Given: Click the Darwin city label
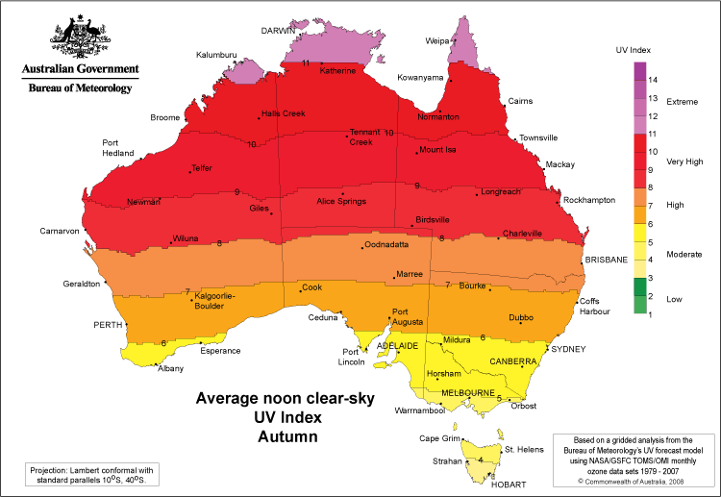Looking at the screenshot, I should [x=278, y=31].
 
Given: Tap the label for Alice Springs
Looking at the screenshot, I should [x=342, y=201].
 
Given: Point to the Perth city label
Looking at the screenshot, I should [x=108, y=325].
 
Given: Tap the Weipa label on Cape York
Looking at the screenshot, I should [x=438, y=40].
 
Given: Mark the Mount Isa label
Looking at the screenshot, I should [x=437, y=150].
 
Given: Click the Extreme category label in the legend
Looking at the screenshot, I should [x=682, y=101].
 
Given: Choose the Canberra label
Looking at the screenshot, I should [x=512, y=361].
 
